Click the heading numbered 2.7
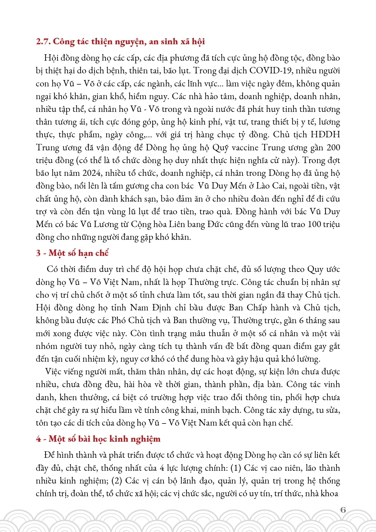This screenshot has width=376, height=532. click(120, 42)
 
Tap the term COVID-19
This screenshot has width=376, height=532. click(271, 71)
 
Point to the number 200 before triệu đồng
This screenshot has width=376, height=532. click(333, 148)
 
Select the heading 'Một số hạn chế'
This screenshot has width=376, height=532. click(78, 253)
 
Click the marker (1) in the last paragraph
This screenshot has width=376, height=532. click(236, 468)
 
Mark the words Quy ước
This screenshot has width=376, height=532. click(324, 269)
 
